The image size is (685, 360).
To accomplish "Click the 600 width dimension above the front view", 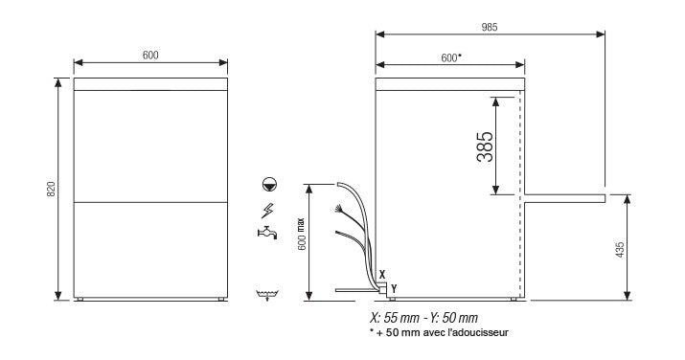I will click(150, 56).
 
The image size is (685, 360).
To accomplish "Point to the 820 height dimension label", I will click(51, 190).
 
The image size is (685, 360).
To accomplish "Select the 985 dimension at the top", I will click(490, 26).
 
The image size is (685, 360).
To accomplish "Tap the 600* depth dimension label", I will click(451, 57).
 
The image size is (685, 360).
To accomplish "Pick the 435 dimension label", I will click(619, 249).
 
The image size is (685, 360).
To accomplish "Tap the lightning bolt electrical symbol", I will click(265, 210).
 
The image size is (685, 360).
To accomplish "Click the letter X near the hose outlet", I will click(381, 274).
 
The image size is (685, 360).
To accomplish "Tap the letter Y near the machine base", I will click(393, 287).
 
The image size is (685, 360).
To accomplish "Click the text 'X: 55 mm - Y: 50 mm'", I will click(423, 318).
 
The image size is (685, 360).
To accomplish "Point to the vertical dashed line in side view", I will click(520, 191).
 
